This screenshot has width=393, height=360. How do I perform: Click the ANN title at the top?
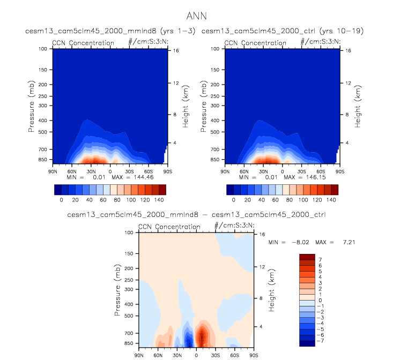[x=197, y=16]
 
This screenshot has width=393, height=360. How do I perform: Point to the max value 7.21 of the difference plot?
[x=349, y=242]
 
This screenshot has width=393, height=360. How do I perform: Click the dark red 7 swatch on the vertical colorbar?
[x=307, y=257]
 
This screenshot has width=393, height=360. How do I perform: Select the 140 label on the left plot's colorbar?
[x=159, y=199]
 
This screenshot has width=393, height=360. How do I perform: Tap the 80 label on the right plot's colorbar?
[x=290, y=199]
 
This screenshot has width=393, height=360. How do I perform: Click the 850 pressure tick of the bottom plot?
[x=128, y=343]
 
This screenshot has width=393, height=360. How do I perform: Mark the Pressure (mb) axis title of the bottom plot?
[x=117, y=290]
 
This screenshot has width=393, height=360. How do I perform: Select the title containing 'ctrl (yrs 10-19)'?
[x=283, y=32]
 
